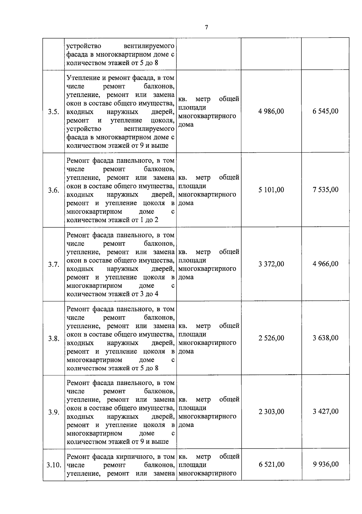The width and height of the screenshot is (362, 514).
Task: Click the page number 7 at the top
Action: [206, 27]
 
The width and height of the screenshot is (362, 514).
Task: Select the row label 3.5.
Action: [53, 112]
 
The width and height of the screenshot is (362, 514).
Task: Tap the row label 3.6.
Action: [53, 190]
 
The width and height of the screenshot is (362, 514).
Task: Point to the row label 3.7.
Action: [53, 264]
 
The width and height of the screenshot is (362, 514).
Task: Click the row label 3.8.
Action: [53, 339]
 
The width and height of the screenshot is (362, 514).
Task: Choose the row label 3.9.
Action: [53, 412]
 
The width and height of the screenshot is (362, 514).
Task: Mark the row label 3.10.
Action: [54, 465]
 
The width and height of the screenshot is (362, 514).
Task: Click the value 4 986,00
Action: [271, 111]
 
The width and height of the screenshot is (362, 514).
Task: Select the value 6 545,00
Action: [325, 111]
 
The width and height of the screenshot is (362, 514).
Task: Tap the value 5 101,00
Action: [271, 190]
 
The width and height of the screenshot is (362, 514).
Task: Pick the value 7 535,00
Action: [325, 190]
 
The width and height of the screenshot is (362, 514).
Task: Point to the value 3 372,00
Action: [271, 264]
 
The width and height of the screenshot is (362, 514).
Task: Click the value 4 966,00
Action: [325, 264]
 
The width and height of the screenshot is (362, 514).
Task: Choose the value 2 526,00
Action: [271, 338]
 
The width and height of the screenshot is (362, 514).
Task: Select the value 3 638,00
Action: [325, 338]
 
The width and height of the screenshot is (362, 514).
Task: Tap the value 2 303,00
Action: [271, 412]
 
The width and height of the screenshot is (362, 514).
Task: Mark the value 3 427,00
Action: [325, 412]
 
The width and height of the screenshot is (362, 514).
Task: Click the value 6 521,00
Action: [271, 465]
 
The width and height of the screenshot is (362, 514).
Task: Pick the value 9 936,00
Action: [325, 465]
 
